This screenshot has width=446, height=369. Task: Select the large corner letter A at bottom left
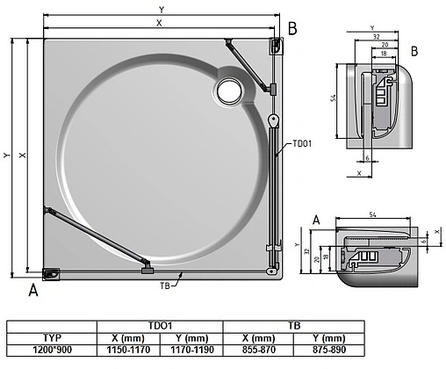[x=33, y=290]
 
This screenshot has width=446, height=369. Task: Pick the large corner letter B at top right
[x=292, y=28]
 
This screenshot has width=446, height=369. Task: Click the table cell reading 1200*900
[x=52, y=349]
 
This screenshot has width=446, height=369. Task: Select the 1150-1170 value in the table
[x=127, y=349]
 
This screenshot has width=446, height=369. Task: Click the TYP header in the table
[x=52, y=337]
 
